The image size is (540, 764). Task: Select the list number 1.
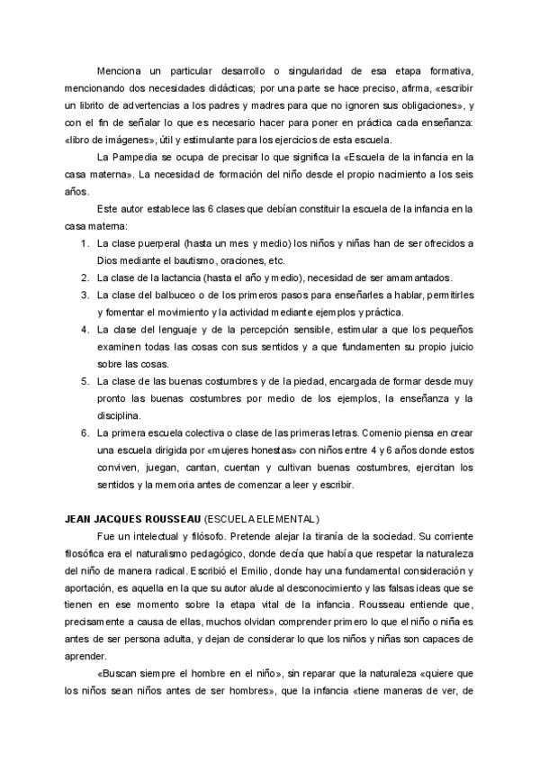[x=85, y=243]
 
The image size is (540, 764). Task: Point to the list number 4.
[x=85, y=330]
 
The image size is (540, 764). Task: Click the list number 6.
[x=85, y=434]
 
